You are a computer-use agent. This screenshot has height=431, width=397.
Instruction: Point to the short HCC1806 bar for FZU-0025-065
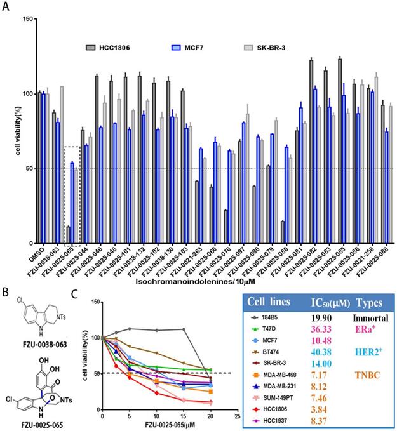(x=68, y=235)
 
